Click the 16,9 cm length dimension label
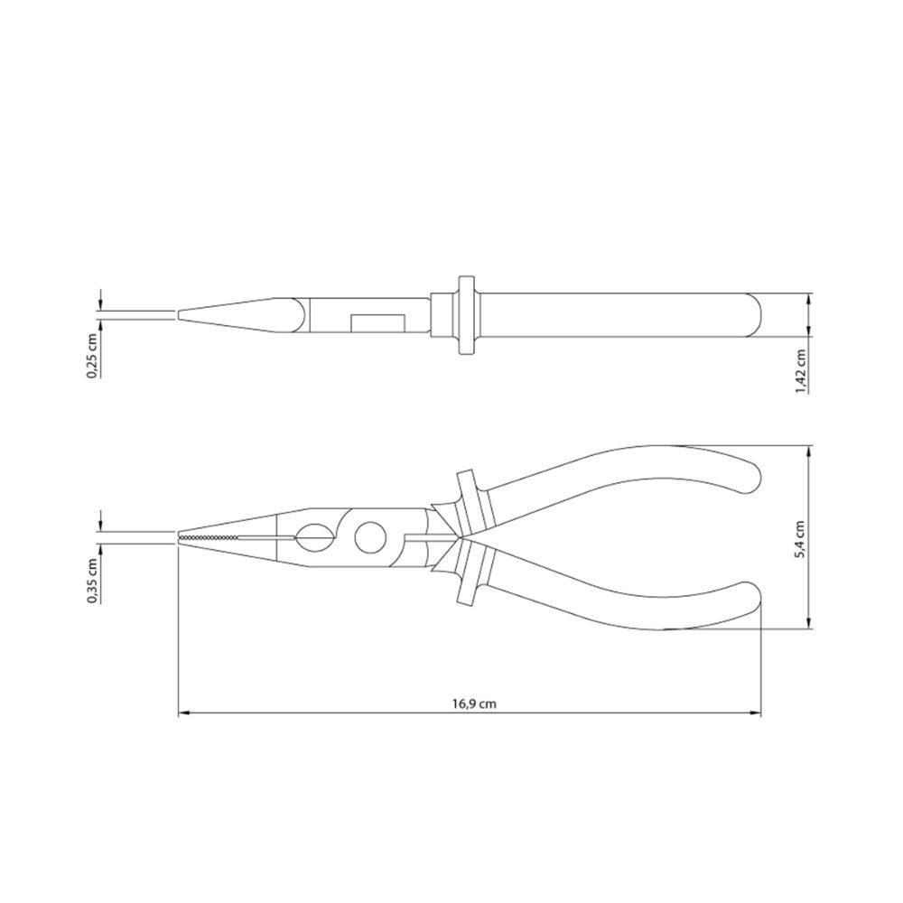coord(474,703)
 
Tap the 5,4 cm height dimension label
coord(800,539)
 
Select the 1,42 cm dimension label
coord(800,371)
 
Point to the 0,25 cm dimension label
coord(92,355)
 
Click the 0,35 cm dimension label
coord(92,581)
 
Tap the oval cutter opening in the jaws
coord(315,538)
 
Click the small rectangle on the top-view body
coord(377,323)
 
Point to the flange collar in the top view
coord(467,314)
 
